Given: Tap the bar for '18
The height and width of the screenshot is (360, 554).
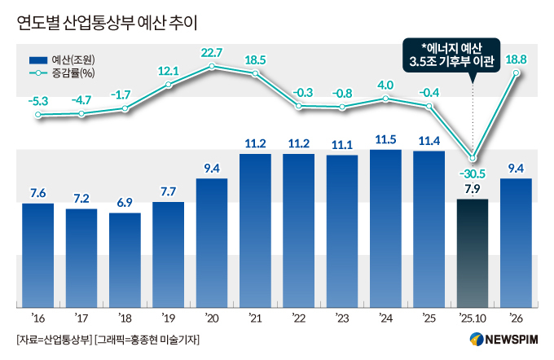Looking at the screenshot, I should [x=125, y=260].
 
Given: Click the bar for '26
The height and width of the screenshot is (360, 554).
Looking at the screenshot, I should [x=516, y=243].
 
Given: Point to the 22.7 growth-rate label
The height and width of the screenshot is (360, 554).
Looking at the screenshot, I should [x=212, y=53].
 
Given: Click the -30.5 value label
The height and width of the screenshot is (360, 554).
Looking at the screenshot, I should [x=473, y=174].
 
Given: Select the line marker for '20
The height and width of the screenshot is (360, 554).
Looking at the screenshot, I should [x=212, y=66].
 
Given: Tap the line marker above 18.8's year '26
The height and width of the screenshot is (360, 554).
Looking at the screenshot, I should [x=516, y=72].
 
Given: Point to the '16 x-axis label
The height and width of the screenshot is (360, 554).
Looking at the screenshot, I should [x=37, y=318].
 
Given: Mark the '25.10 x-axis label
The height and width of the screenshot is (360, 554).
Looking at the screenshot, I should [x=472, y=318].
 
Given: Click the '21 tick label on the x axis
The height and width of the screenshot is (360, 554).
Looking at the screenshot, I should [x=255, y=318].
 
